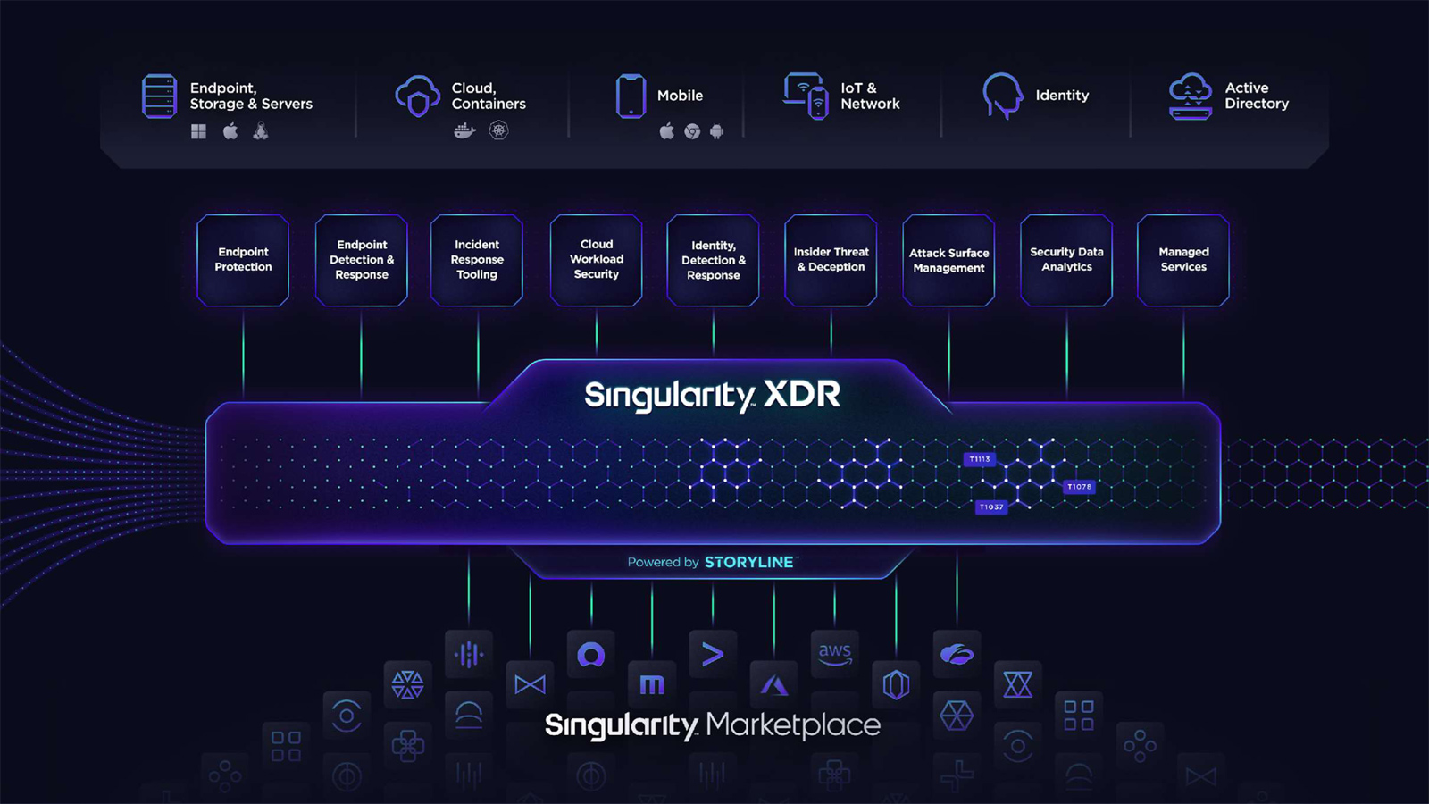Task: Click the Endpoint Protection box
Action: click(x=243, y=260)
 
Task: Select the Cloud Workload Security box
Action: click(x=597, y=260)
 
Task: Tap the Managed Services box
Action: click(x=1183, y=260)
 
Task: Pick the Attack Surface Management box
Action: click(x=948, y=260)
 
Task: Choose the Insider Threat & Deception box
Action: click(x=831, y=260)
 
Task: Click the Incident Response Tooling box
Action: click(x=477, y=260)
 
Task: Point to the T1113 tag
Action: click(x=979, y=459)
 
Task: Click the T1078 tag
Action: click(x=1079, y=487)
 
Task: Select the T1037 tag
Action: click(x=991, y=507)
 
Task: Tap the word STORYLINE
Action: click(x=749, y=562)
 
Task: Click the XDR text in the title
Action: click(x=802, y=394)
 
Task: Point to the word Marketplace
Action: click(x=794, y=724)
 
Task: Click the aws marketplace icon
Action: click(x=834, y=654)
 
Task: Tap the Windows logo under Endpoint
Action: click(x=198, y=131)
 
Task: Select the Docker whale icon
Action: click(x=464, y=131)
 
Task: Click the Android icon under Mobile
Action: click(x=717, y=131)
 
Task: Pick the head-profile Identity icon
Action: click(x=1002, y=96)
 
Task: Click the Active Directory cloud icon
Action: click(x=1191, y=96)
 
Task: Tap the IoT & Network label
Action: click(x=870, y=96)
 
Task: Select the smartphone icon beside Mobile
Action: click(x=631, y=96)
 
